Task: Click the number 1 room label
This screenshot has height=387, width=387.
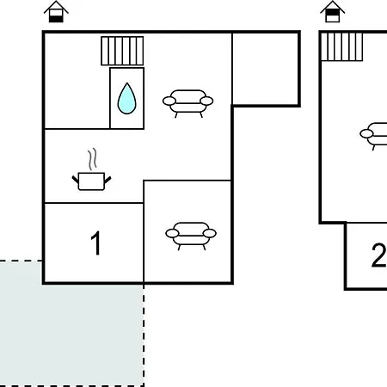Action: [96, 243]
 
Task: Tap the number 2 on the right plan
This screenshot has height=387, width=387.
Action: [379, 255]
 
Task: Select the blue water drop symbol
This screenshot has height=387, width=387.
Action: [126, 98]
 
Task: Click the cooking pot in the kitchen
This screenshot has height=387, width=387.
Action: [91, 181]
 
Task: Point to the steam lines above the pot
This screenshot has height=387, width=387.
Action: [92, 159]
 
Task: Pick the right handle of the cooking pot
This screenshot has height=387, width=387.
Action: [107, 180]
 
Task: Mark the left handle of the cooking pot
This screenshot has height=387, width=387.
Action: [76, 180]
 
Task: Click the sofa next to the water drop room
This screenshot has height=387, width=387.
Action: [188, 103]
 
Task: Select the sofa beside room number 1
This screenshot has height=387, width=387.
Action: [191, 236]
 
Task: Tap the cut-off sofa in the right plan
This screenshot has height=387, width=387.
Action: [374, 136]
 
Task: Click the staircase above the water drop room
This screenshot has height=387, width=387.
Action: [122, 51]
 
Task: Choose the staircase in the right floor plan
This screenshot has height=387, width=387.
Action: [341, 47]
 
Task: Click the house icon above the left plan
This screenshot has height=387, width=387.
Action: [56, 12]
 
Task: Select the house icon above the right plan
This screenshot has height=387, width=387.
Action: [333, 12]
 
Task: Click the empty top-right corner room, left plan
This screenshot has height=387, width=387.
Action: [266, 69]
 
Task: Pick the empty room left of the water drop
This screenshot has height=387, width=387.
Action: [77, 81]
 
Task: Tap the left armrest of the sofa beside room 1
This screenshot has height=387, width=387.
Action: [172, 233]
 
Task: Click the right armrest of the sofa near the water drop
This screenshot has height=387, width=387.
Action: [206, 101]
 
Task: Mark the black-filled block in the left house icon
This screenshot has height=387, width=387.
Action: [56, 19]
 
